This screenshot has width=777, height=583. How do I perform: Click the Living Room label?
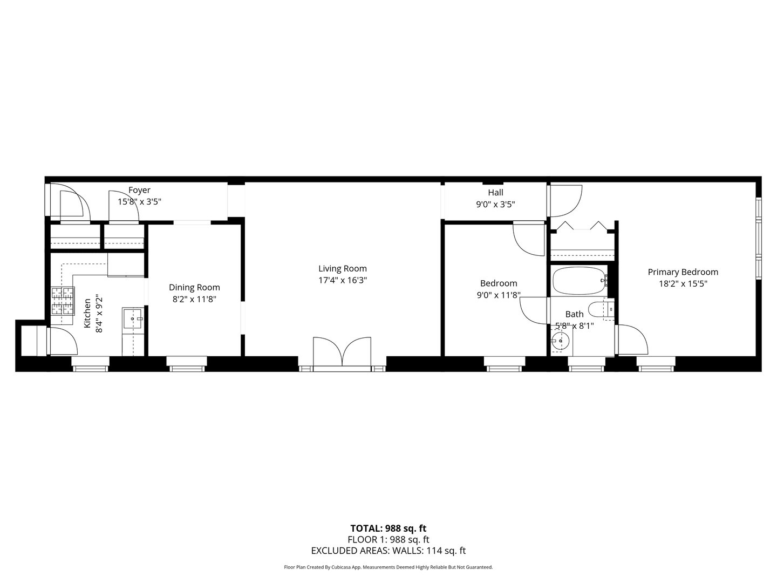(x=342, y=268)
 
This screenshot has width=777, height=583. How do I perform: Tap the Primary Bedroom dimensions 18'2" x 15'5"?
(x=683, y=283)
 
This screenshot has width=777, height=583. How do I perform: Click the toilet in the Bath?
(x=600, y=310)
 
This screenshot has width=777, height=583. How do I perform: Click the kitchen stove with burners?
(x=63, y=301)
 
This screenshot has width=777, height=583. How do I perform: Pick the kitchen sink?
(x=133, y=319)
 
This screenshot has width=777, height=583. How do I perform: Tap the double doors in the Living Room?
(x=342, y=354)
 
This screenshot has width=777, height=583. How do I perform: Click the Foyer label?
(x=139, y=190)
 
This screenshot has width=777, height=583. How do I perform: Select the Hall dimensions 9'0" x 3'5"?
(x=495, y=205)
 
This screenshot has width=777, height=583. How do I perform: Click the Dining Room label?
(x=194, y=287)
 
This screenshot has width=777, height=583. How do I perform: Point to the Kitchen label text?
(x=87, y=314)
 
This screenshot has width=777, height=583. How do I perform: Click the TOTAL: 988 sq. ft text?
(x=388, y=528)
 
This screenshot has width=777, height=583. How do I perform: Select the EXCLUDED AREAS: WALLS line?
(x=388, y=551)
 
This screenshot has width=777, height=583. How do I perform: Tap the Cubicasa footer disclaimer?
(x=388, y=567)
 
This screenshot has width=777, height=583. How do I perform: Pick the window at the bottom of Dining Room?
(x=187, y=364)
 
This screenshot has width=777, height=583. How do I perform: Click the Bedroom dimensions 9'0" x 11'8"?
(x=499, y=295)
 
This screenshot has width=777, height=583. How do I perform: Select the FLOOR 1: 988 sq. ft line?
(x=388, y=539)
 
